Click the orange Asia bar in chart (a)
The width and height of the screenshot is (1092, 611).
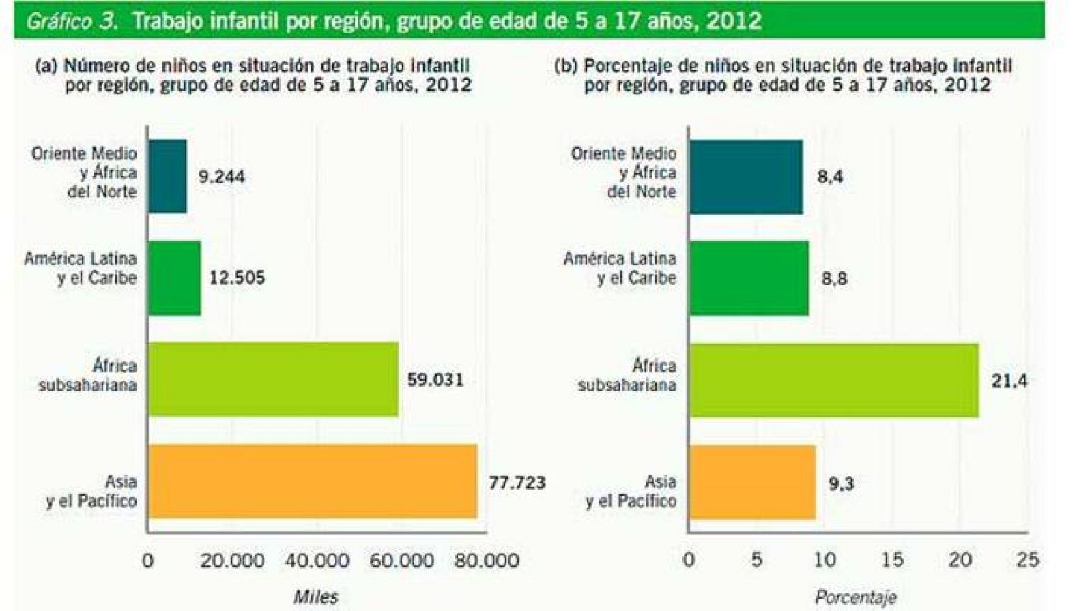point(313,481)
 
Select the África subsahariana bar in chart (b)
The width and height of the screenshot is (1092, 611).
point(833,380)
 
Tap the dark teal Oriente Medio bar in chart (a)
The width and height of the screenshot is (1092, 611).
point(167,176)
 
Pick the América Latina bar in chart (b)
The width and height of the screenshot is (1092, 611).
point(749,278)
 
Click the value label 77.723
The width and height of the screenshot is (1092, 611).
point(517,483)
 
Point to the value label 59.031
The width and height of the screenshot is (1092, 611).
point(435,380)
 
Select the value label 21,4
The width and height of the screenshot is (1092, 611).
point(1009,381)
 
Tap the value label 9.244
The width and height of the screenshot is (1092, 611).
point(221,177)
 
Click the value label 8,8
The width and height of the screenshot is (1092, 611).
point(834,279)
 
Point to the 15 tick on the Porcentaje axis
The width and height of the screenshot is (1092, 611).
point(892,560)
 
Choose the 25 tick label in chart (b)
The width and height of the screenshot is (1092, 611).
point(1027,560)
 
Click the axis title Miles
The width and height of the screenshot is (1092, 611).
point(315,597)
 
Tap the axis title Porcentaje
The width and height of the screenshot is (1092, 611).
point(855,597)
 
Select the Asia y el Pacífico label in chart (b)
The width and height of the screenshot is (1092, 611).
point(631,491)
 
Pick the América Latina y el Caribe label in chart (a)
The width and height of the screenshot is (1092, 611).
point(81,268)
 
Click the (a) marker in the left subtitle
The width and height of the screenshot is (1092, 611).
point(46,65)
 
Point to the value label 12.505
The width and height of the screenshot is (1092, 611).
point(237,278)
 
